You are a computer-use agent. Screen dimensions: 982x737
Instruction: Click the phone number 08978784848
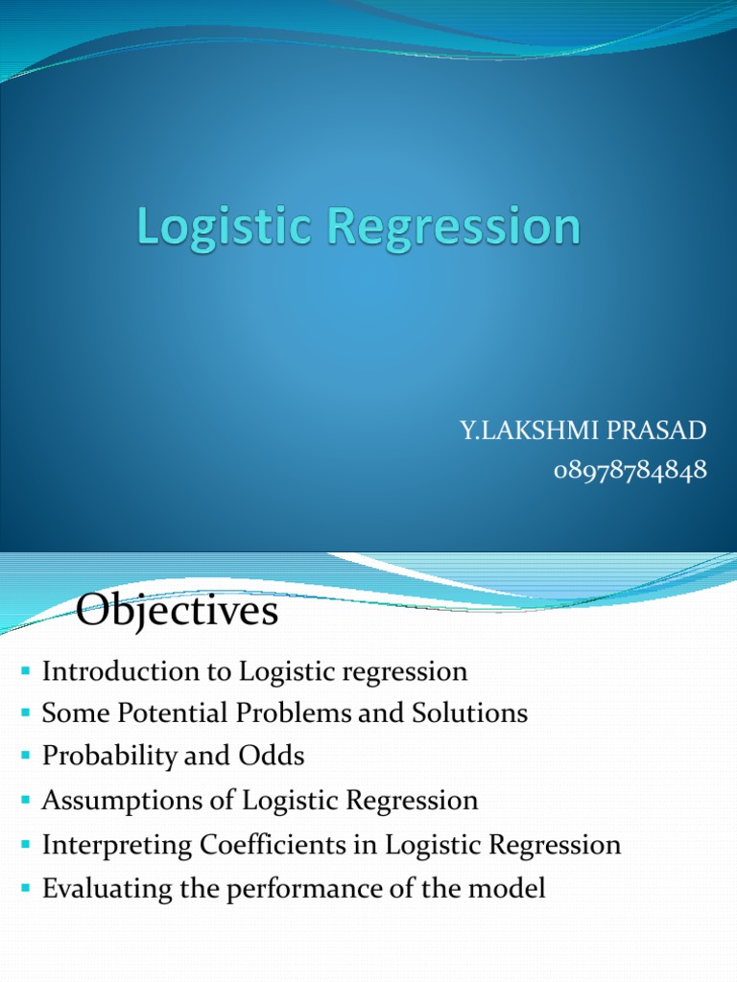630,470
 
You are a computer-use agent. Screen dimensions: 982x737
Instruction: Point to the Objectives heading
178,612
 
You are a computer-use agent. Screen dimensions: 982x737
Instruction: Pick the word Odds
275,757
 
